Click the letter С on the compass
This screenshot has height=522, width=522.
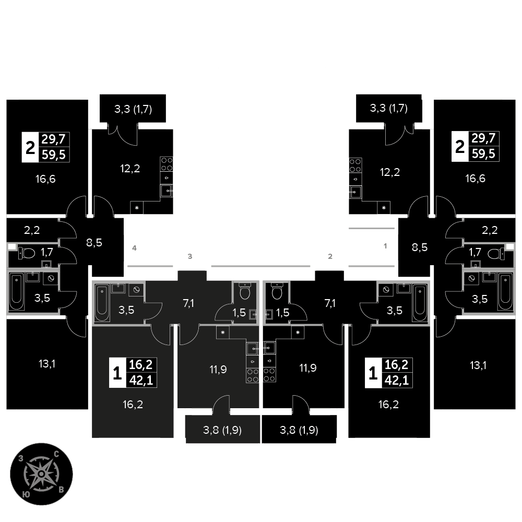[x=56, y=454]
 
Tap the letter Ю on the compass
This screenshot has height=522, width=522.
[x=26, y=494]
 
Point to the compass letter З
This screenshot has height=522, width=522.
[x=21, y=459]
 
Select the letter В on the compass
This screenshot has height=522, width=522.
[x=61, y=490]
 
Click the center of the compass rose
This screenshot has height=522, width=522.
[x=41, y=474]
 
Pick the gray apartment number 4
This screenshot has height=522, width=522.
[x=134, y=248]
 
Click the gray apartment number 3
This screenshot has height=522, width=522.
[x=190, y=256]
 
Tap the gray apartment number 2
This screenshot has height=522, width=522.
[x=330, y=256]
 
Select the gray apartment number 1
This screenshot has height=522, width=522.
[x=385, y=246]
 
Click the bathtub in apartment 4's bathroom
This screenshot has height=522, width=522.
[x=16, y=291]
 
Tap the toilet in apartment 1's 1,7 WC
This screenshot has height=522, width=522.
[x=496, y=254]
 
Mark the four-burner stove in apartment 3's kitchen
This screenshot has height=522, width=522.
[x=253, y=375]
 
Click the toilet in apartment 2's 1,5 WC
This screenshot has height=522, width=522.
[x=277, y=291]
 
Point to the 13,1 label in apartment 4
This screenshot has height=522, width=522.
[x=47, y=364]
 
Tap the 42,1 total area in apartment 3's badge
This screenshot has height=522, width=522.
[x=141, y=380]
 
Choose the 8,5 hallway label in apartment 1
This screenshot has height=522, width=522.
[x=420, y=247]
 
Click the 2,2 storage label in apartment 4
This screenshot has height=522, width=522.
[x=32, y=230]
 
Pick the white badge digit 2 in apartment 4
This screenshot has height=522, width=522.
[x=30, y=148]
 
